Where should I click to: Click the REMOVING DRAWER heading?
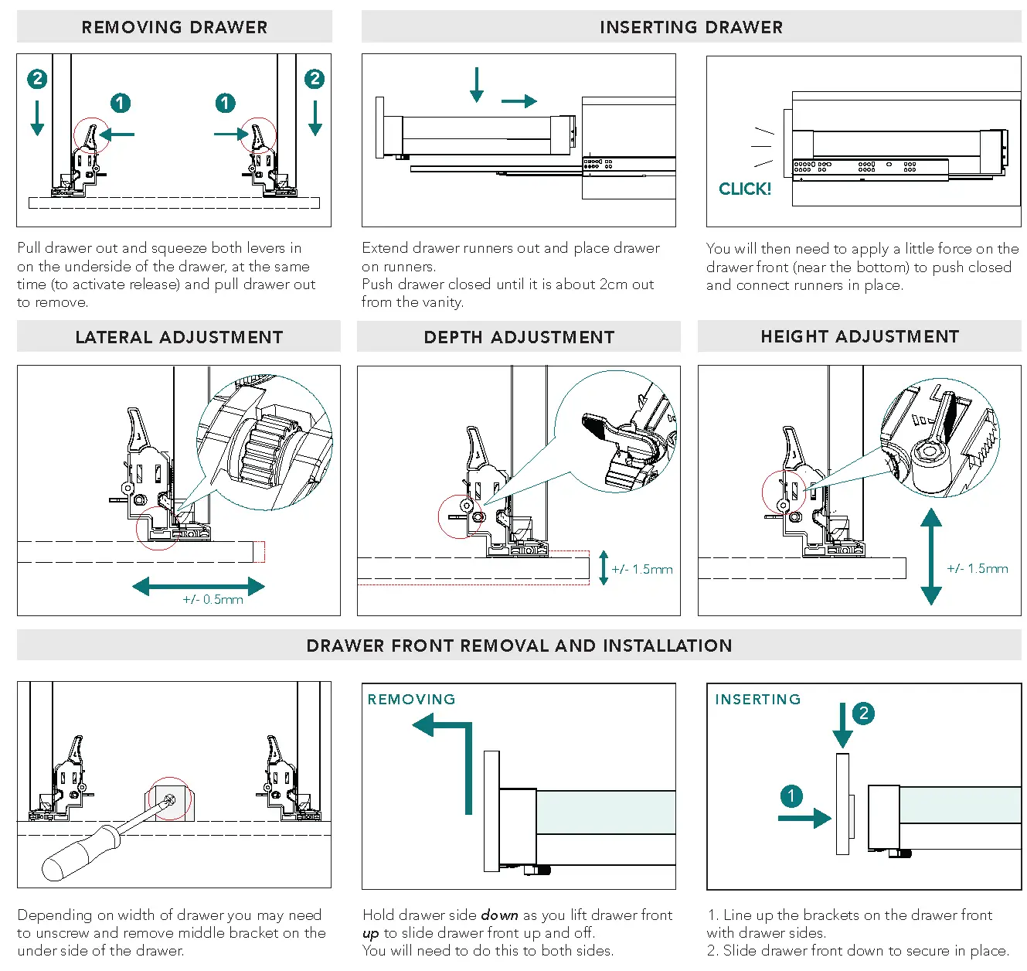(175, 27)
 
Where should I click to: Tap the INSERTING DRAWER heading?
(691, 27)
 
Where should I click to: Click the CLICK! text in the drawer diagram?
(745, 189)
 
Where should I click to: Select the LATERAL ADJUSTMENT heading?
(179, 337)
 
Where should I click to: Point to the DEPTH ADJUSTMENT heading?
(519, 337)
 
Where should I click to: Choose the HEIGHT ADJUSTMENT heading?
(859, 336)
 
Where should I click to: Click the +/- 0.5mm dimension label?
(213, 600)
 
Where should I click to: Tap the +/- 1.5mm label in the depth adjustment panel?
(642, 570)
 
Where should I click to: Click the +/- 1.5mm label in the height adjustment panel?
(978, 569)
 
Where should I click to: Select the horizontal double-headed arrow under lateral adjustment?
(199, 586)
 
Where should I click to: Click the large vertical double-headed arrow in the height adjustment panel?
(931, 556)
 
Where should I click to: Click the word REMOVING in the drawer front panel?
(411, 700)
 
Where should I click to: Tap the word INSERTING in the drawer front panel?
(757, 700)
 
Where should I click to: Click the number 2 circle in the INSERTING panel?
(863, 713)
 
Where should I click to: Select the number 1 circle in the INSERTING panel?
(791, 796)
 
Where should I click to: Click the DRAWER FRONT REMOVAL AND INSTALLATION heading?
(519, 646)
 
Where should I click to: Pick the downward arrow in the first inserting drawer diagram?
(477, 84)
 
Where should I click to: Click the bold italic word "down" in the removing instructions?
(499, 915)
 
